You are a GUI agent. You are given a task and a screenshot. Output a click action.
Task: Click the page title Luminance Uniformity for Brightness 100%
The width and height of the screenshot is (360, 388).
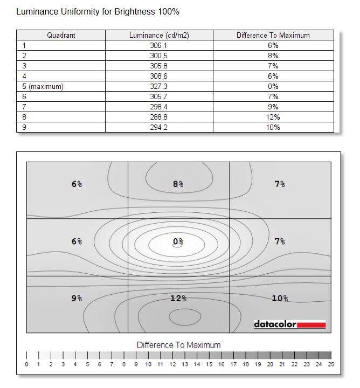click(x=98, y=11)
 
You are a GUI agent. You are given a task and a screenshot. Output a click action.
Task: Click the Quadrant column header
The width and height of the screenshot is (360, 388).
click(x=61, y=36)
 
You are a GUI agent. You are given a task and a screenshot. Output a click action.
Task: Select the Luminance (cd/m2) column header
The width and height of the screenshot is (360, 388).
click(x=159, y=36)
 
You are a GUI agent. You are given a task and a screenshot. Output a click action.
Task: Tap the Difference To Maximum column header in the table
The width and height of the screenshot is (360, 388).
click(x=273, y=36)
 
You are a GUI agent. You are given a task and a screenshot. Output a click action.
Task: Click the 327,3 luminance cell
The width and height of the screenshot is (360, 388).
click(x=159, y=86)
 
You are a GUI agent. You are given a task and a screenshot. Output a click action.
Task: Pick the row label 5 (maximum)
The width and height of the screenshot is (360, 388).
click(x=40, y=86)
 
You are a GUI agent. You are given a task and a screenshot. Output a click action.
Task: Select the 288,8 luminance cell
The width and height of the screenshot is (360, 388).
click(x=159, y=117)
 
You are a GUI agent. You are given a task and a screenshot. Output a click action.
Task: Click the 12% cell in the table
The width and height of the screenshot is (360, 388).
click(x=273, y=117)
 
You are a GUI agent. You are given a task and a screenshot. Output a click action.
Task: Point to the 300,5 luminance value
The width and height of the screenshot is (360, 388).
click(x=159, y=56)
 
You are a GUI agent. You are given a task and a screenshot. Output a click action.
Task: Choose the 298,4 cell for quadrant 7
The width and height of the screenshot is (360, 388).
click(x=159, y=107)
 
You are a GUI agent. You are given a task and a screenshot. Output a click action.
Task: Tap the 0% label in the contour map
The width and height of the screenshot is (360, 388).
click(x=178, y=241)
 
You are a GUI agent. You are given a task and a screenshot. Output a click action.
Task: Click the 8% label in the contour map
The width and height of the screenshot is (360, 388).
click(x=178, y=184)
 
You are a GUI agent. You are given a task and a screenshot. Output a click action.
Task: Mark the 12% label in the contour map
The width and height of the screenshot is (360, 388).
click(x=178, y=298)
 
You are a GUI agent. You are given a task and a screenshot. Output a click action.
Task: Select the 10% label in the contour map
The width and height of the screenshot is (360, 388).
click(x=280, y=298)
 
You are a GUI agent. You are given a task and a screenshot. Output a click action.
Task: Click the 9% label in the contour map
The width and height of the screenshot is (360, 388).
click(x=77, y=298)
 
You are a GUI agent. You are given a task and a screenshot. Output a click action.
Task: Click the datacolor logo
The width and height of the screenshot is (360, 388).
click(x=289, y=324)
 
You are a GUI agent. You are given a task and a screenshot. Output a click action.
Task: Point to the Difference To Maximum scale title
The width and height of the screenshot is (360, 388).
click(x=178, y=345)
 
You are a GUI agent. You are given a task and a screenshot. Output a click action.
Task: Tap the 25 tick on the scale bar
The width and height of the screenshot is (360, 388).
click(x=331, y=364)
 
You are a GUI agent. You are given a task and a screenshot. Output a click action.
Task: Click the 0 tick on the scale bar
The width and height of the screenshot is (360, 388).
click(x=26, y=364)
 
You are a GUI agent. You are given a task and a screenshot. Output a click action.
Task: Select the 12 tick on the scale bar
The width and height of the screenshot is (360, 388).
click(x=172, y=364)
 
